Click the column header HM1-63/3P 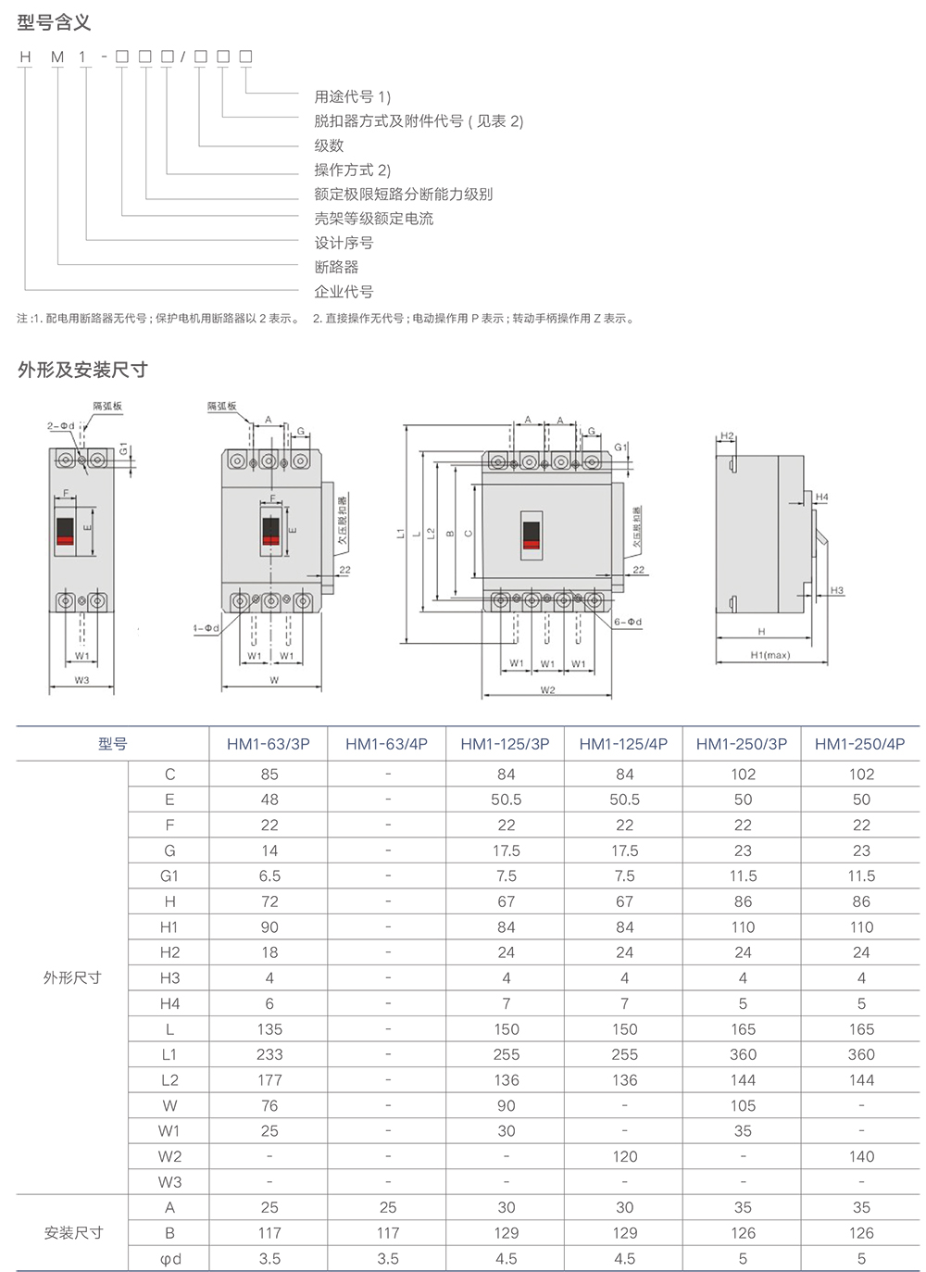point(269,744)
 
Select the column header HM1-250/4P point(860,744)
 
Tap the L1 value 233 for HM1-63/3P point(269,1054)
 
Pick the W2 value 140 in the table point(861,1156)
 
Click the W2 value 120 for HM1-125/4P point(624,1156)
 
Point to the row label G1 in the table point(169,875)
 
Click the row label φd point(169,1258)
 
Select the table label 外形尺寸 point(72,977)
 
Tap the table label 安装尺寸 point(72,1232)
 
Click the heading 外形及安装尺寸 point(82,370)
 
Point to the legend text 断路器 point(336,267)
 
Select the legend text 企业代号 point(344,292)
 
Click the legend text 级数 point(329,145)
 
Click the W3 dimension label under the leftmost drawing point(81,680)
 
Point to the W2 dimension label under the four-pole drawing point(547,690)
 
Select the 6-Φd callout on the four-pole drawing point(628,622)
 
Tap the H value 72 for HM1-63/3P point(269,901)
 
